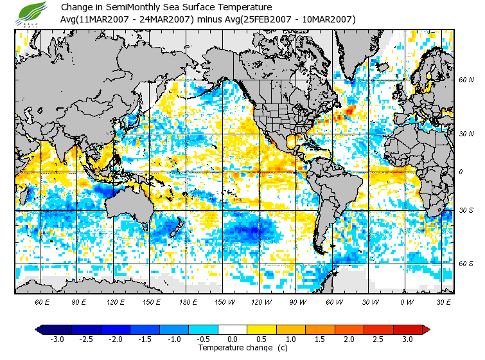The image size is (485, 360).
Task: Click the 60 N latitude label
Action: [x=466, y=80]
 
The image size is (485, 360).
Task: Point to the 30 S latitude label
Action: [x=466, y=211]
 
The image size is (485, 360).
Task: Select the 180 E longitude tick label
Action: [x=188, y=301]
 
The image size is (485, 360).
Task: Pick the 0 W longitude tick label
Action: [x=406, y=301]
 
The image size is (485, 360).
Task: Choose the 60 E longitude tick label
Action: [x=42, y=301]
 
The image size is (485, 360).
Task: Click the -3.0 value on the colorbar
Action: [x=58, y=339]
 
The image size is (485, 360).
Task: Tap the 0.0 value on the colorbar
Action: [x=233, y=339]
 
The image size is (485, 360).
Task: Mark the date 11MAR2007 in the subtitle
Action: [x=101, y=19]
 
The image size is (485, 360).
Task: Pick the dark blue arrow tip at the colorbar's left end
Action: [x=39, y=329]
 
